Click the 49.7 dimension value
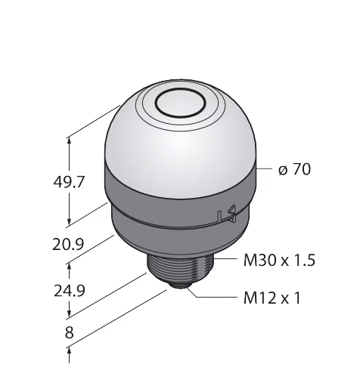(x=69, y=182)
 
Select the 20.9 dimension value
(x=68, y=244)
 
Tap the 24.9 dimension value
(x=70, y=291)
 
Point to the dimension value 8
(x=70, y=332)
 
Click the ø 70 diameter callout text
(x=294, y=169)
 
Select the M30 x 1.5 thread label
(x=279, y=261)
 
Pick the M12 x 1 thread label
(x=272, y=298)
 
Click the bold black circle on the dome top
(x=181, y=103)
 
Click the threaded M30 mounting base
(x=181, y=270)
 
